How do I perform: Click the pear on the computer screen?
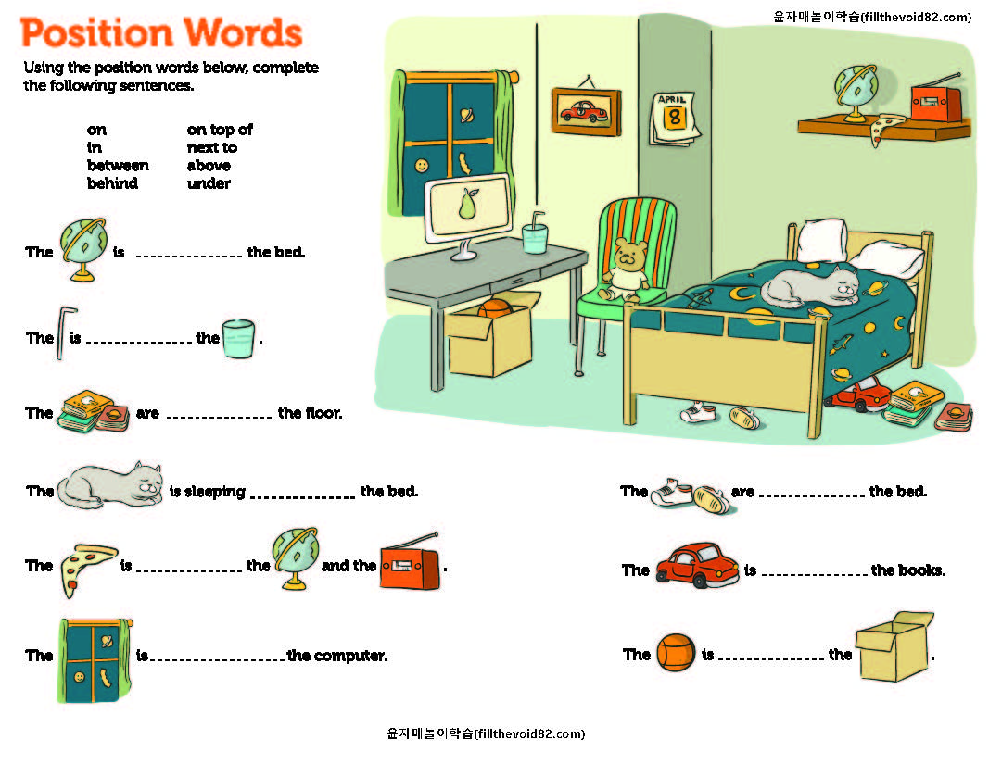(467, 204)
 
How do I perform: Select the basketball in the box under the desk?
(495, 307)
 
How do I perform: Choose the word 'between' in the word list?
(118, 166)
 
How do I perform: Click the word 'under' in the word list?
(209, 183)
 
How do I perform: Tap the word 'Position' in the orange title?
(98, 33)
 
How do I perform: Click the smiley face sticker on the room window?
(423, 165)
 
